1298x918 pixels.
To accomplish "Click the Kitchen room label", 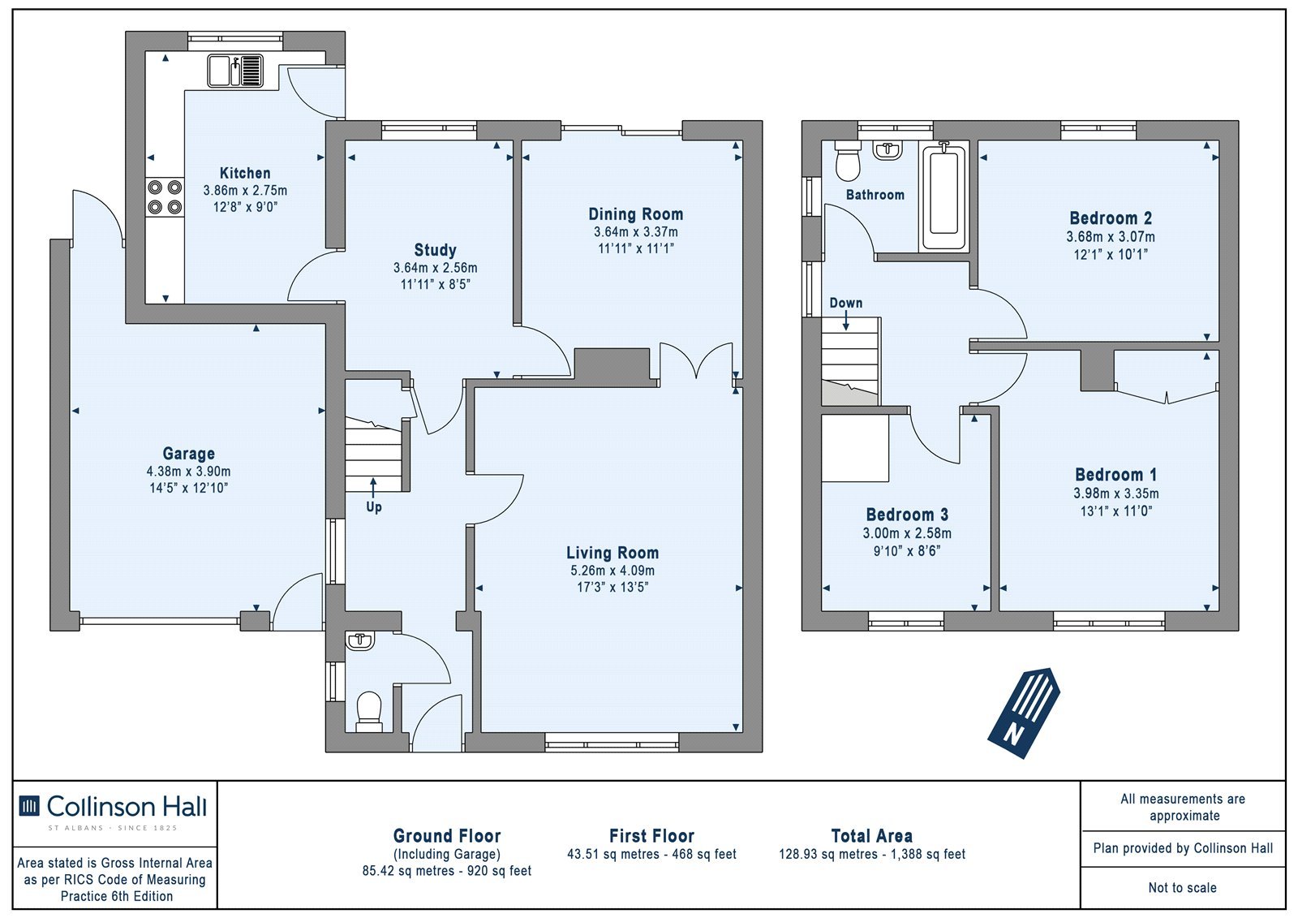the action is tap(244, 173).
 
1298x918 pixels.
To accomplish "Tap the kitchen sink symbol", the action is tap(235, 71).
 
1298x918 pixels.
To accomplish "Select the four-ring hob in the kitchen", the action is tap(165, 197).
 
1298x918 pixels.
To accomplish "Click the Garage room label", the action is tap(188, 454).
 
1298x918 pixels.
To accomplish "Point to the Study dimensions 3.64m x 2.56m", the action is tap(435, 268).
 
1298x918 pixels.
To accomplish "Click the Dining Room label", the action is tap(636, 214).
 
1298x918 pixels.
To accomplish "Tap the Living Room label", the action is tap(612, 553).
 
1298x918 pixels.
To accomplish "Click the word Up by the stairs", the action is tap(374, 507).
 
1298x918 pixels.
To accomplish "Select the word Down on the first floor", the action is tap(846, 303).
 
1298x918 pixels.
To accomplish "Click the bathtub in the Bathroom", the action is tap(943, 197).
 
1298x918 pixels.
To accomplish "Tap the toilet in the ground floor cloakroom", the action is tap(369, 712).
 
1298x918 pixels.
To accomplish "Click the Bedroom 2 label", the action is tap(1111, 218).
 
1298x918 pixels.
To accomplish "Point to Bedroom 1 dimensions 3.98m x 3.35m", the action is tap(1116, 493).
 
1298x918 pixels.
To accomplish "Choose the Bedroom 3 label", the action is tap(907, 515).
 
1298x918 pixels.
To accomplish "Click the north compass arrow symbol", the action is tap(1024, 713).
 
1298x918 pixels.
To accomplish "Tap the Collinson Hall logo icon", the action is tap(29, 806).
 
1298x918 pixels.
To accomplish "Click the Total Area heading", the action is tap(871, 836).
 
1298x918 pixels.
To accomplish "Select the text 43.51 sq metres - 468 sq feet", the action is tap(651, 854).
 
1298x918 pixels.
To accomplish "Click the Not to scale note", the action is tap(1182, 887).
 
